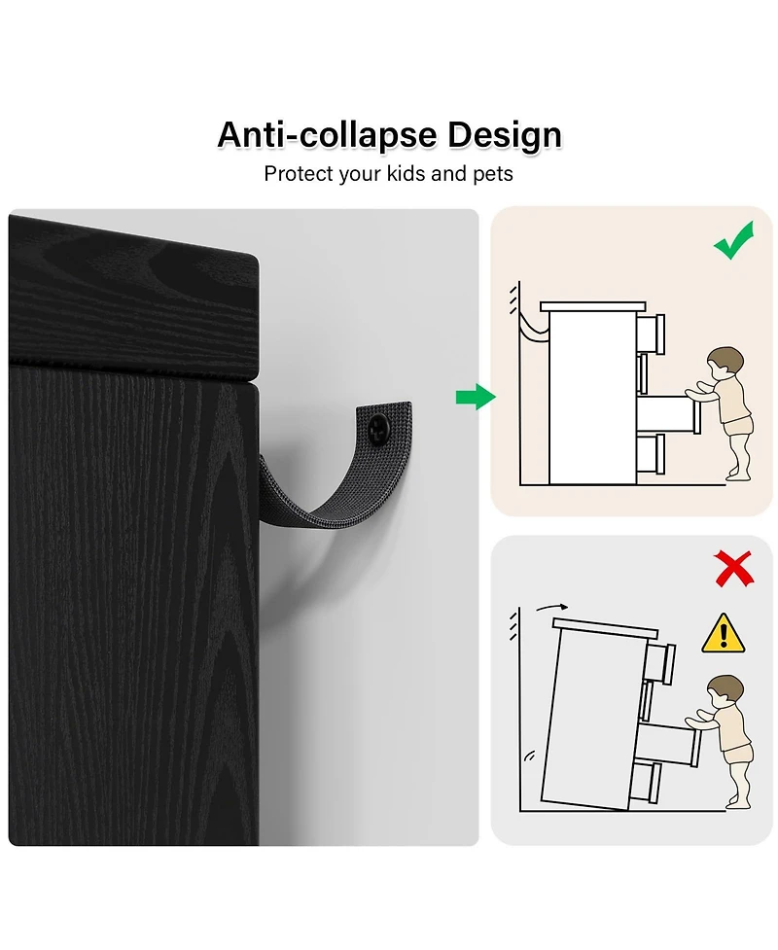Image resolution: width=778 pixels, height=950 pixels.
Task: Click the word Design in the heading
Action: click(x=505, y=134)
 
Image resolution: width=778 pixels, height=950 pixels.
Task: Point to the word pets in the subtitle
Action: click(x=493, y=175)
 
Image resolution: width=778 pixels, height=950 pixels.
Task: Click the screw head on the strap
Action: click(x=380, y=429)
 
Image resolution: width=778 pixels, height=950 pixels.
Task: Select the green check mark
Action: click(x=734, y=240)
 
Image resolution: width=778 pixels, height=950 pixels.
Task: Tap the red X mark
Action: click(x=734, y=568)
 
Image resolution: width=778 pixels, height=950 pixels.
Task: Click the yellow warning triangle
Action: click(x=723, y=633)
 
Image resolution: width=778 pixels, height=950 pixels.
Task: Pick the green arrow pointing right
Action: click(x=476, y=397)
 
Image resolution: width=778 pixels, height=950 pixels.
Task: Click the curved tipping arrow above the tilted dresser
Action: click(x=552, y=607)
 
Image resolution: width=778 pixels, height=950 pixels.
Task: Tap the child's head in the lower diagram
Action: click(x=725, y=692)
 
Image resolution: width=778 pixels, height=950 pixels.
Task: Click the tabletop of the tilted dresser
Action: click(x=605, y=627)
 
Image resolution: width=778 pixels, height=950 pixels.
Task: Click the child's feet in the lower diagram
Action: click(x=738, y=801)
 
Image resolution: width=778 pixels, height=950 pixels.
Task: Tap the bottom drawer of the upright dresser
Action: click(x=651, y=454)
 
